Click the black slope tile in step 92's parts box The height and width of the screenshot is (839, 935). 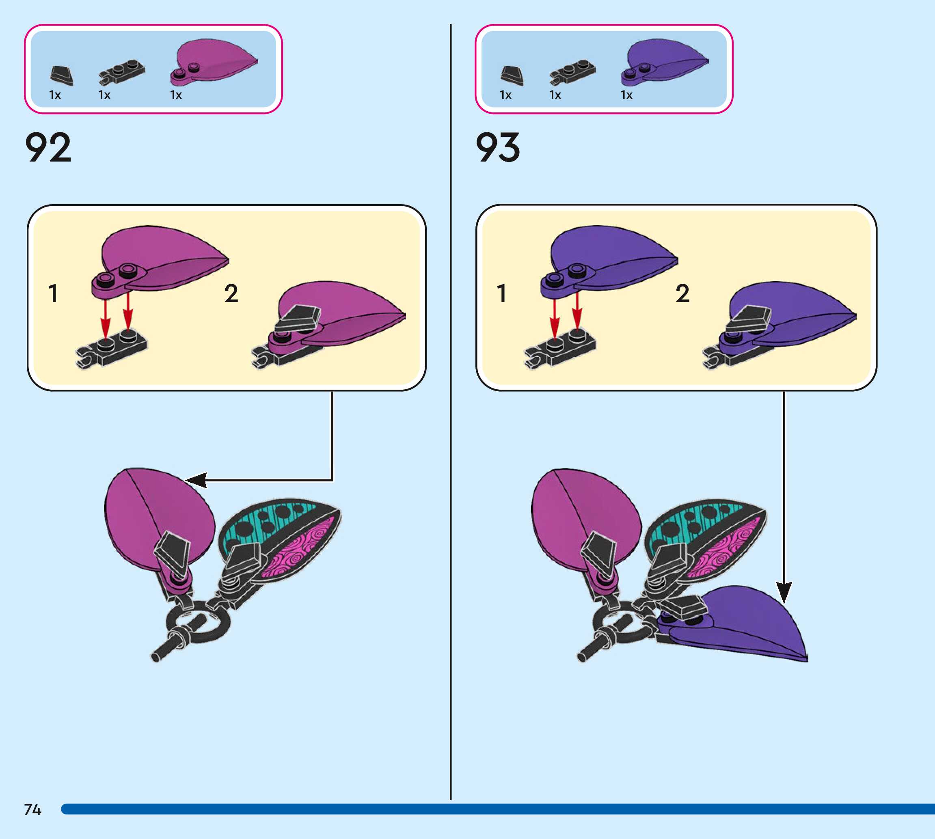[62, 75]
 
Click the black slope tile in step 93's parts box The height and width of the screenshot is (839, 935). [512, 75]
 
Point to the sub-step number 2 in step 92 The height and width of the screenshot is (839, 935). [231, 293]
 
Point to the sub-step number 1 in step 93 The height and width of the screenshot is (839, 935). [502, 293]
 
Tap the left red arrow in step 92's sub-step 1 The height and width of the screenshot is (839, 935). [106, 318]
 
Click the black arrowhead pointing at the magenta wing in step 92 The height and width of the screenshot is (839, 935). [196, 480]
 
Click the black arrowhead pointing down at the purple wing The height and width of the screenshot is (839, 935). [784, 592]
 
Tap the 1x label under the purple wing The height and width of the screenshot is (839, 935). [626, 95]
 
